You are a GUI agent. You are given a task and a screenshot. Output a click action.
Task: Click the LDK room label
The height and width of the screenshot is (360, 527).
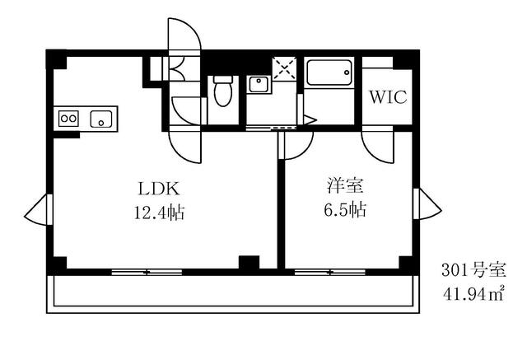[159, 189]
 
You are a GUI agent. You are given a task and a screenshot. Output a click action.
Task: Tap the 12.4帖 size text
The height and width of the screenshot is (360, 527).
[159, 213]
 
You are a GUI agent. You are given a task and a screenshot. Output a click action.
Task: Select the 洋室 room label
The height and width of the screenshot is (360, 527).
[346, 185]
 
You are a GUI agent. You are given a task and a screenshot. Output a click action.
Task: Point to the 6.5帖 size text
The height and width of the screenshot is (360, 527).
[346, 210]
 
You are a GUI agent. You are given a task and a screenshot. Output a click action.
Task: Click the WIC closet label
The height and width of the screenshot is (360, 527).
[388, 97]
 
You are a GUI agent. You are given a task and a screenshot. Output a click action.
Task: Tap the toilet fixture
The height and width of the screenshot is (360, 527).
[223, 91]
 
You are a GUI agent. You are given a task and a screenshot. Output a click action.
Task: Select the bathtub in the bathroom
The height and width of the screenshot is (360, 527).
[329, 73]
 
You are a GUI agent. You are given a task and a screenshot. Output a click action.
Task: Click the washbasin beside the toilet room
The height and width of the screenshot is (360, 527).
[258, 84]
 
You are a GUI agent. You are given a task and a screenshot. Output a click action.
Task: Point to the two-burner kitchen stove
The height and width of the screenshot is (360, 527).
[68, 119]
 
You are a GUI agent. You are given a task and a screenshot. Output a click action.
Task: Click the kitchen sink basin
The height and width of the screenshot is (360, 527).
[100, 119]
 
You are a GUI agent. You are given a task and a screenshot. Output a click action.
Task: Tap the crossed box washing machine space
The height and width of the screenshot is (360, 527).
[284, 68]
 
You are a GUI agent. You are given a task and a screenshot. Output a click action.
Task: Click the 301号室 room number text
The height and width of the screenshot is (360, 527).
[473, 270]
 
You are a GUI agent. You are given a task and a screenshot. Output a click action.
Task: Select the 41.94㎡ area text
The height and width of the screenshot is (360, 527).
[473, 294]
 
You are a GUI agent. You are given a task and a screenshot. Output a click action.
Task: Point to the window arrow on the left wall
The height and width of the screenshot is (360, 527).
[38, 210]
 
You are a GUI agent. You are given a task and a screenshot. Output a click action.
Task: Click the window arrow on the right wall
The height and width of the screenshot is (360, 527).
[427, 204]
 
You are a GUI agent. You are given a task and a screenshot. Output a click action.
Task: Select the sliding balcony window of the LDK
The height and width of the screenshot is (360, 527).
[147, 273]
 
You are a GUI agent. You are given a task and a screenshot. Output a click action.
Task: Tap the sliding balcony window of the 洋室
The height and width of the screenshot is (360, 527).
[330, 273]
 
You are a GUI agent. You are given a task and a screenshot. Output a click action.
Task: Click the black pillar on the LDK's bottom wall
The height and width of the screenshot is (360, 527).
[249, 262]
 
